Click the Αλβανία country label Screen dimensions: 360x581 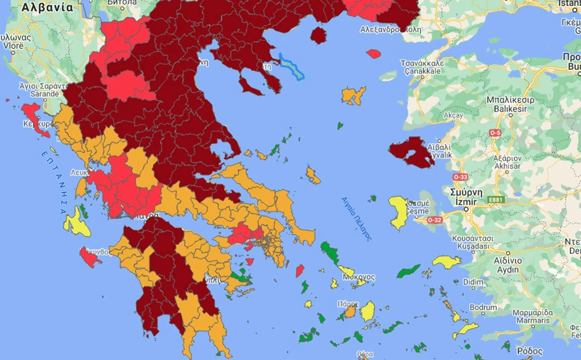point(48,7)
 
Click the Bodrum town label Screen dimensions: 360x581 point(484,307)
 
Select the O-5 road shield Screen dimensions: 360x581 point(495,133)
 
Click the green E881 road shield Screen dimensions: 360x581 point(496,199)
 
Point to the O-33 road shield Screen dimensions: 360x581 point(460,177)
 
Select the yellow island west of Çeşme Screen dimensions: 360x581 point(399,212)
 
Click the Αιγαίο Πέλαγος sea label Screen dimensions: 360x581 point(355,218)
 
